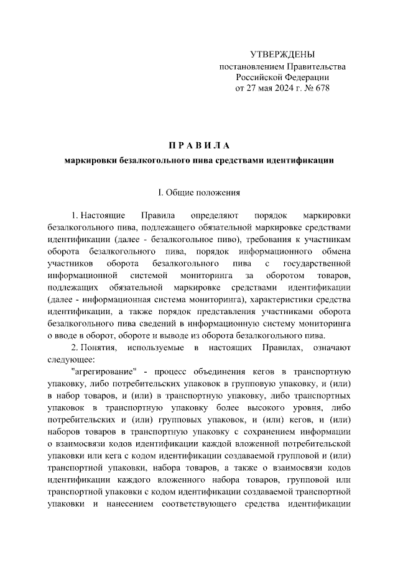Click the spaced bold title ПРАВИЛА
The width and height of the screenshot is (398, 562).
199,146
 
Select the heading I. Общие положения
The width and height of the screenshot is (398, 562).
199,193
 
